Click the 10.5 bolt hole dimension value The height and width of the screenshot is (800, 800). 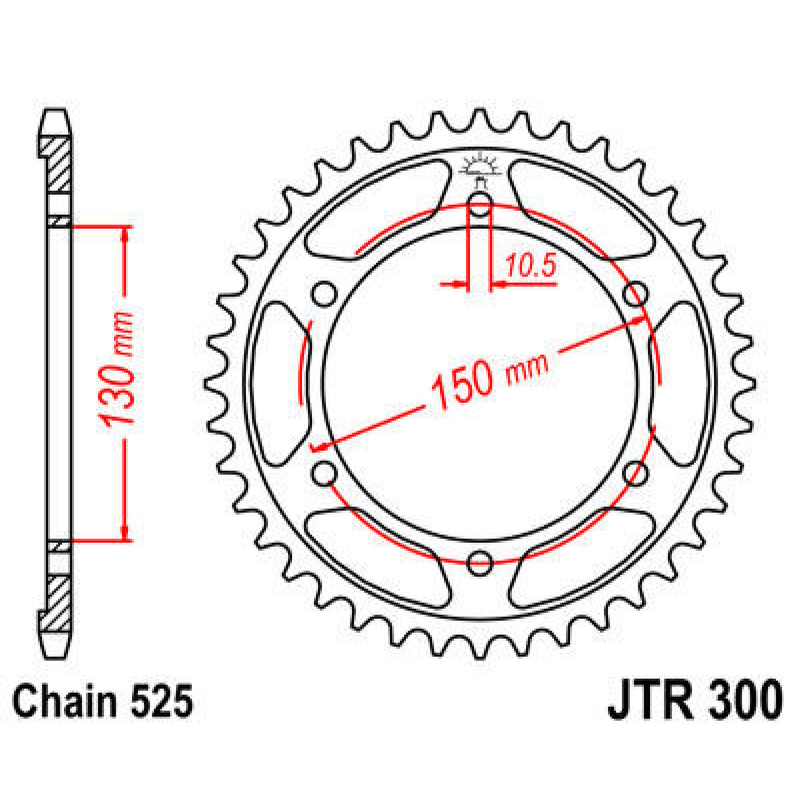tap(529, 267)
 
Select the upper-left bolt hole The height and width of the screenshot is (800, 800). tap(325, 293)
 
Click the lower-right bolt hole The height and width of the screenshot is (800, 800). tap(635, 473)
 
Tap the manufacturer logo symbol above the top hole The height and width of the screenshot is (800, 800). tap(479, 167)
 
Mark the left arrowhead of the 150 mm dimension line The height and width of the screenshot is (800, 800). tap(319, 447)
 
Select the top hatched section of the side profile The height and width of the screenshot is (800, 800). tap(55, 163)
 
